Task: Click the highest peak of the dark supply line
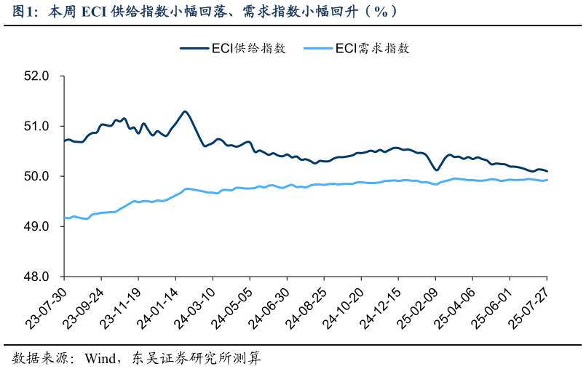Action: pos(185,111)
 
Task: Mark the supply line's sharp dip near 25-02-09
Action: pos(437,170)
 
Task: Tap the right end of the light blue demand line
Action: pos(547,180)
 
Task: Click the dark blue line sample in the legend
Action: pos(194,48)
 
